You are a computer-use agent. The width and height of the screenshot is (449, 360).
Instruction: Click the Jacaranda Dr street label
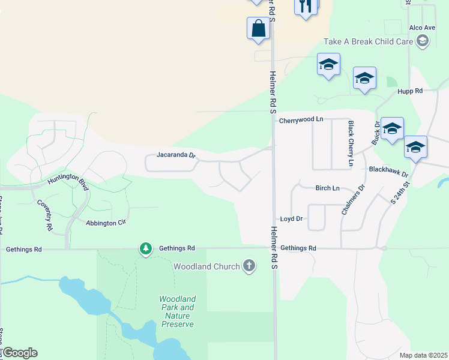(x=176, y=155)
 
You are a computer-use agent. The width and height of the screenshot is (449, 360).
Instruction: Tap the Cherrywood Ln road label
(x=301, y=120)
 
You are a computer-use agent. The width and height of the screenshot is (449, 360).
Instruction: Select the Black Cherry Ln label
(x=351, y=143)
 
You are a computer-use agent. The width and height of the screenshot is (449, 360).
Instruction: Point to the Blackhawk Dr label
(x=388, y=172)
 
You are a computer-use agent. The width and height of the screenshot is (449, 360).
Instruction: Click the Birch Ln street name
(x=328, y=188)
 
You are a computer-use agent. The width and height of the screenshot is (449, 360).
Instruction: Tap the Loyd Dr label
(x=292, y=219)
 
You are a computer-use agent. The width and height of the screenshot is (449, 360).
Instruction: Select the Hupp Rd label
(x=410, y=91)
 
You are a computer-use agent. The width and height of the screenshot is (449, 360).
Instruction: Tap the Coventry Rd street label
(x=45, y=215)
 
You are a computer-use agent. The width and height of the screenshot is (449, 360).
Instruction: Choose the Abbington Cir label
(x=105, y=223)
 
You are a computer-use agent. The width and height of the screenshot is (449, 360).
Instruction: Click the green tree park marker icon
(x=145, y=248)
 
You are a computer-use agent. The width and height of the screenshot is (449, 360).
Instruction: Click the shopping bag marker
(x=258, y=28)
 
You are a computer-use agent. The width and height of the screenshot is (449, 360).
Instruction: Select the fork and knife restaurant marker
(x=306, y=7)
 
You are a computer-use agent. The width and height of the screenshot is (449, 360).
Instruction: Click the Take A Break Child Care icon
(x=423, y=41)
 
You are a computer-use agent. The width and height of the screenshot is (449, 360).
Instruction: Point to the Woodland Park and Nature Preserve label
(x=178, y=311)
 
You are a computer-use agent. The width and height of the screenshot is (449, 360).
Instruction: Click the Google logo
(x=19, y=353)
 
